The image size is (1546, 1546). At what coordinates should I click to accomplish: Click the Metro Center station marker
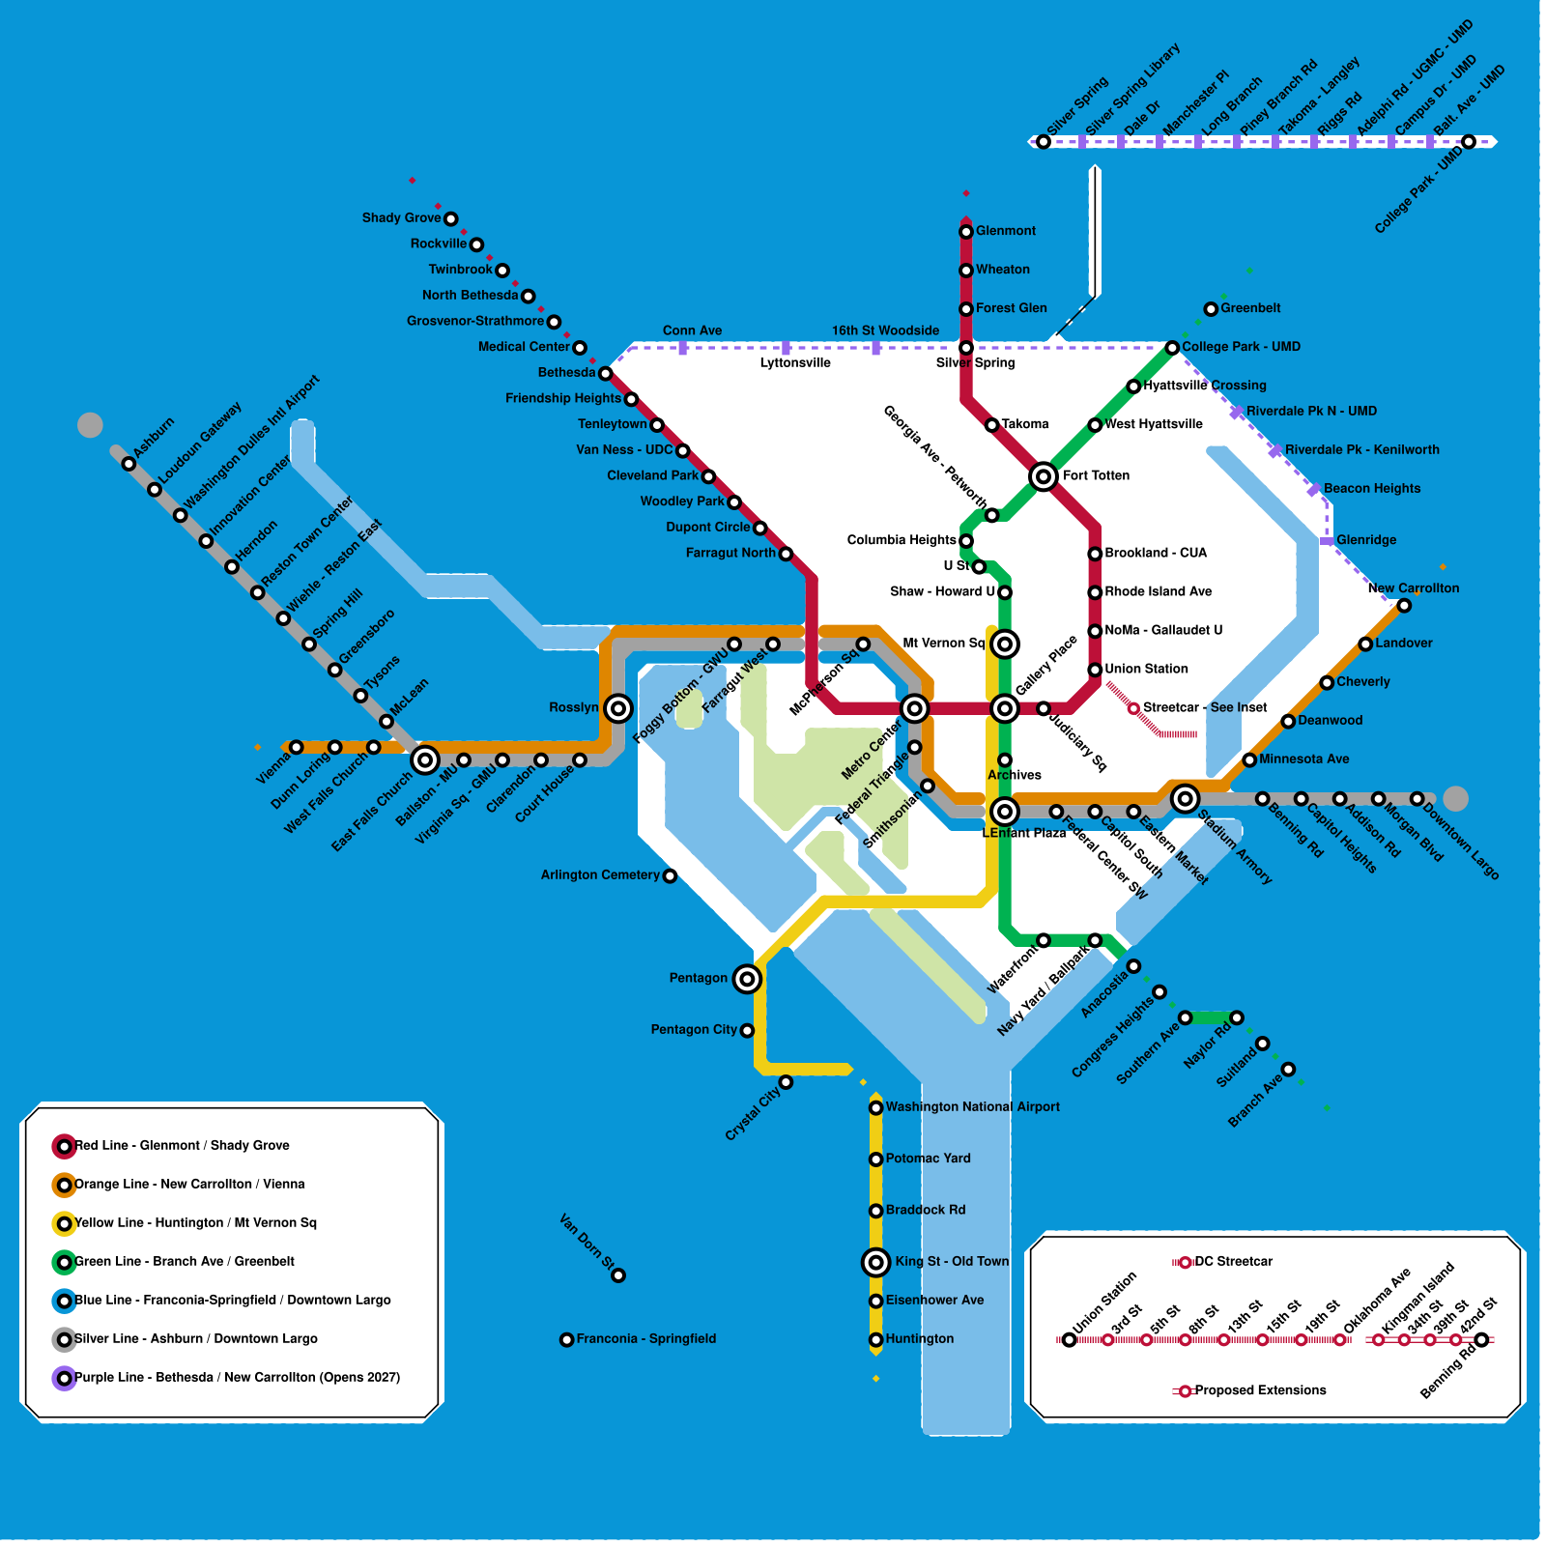914,708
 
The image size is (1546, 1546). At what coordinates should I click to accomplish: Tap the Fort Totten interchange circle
1043,476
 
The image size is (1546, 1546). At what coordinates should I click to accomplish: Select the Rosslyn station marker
618,708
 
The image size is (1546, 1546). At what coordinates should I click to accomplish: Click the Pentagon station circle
747,979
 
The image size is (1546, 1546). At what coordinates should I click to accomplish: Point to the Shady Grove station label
401,218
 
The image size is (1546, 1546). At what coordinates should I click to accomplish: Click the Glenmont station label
1005,231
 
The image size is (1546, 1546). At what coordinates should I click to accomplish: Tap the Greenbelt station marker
1211,309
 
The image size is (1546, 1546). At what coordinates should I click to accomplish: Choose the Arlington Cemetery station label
600,875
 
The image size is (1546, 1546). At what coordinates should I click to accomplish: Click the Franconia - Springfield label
646,1339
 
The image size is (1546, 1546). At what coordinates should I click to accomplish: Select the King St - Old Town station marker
875,1262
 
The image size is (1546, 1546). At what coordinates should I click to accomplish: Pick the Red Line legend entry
182,1146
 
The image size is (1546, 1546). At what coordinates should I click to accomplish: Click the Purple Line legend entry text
237,1378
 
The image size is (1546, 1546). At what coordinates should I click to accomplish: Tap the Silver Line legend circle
64,1339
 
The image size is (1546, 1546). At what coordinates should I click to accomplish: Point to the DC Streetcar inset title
1233,1262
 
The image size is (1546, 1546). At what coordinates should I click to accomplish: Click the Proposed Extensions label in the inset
1260,1390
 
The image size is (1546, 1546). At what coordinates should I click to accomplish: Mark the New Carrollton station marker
1404,606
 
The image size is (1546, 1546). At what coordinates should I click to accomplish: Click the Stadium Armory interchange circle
1185,798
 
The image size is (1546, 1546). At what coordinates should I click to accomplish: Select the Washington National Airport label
972,1107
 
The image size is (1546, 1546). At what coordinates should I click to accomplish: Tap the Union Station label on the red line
1146,669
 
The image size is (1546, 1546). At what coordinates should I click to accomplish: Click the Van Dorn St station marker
618,1275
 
